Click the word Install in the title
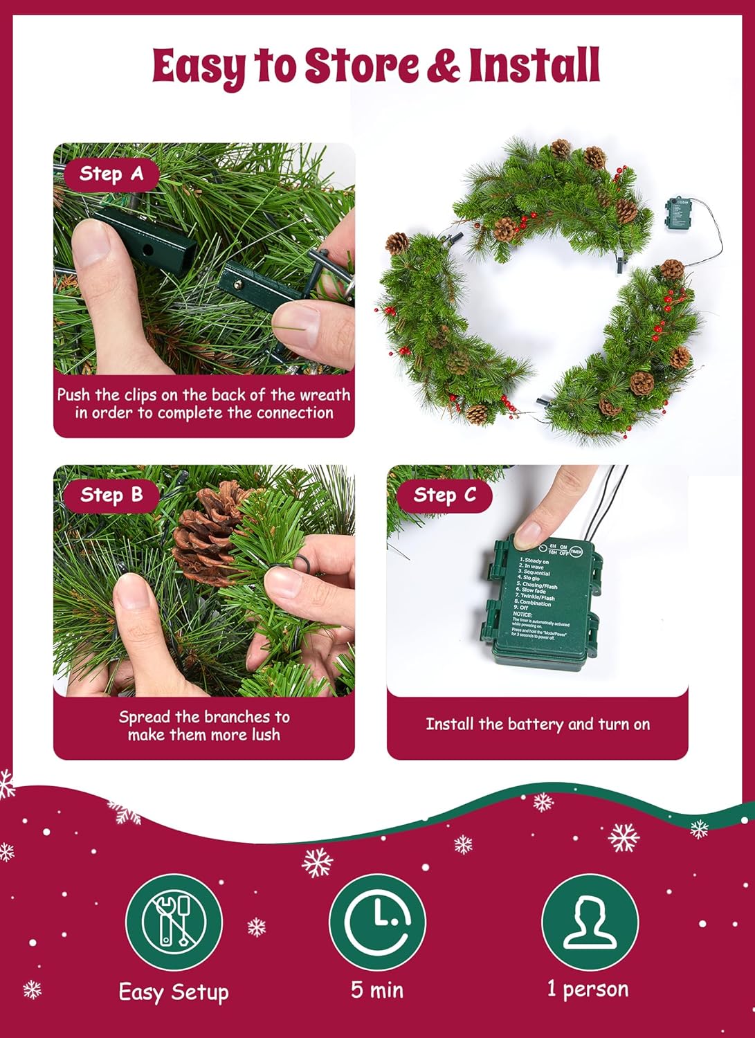pos(533,66)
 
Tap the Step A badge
pos(111,174)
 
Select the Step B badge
pos(111,495)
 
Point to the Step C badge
pos(444,495)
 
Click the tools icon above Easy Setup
pos(174,921)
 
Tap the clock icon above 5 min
pos(377,921)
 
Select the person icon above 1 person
pos(589,921)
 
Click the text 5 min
pos(377,990)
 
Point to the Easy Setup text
pos(174,992)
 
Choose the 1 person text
pos(588,989)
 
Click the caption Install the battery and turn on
pos(538,725)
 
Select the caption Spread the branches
pos(204,725)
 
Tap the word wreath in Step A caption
pos(325,395)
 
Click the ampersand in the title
pos(442,66)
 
